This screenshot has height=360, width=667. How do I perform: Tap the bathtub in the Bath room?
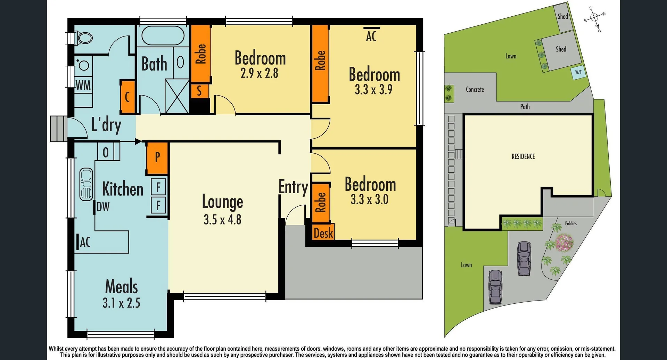pos(163,35)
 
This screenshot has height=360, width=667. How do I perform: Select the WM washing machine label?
pos(83,85)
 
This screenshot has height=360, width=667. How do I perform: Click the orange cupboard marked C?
pos(127,97)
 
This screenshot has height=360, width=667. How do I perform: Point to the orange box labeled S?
pos(199,91)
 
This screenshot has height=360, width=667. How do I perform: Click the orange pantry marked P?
pos(157,157)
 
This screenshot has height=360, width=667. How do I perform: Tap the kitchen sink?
pos(86,185)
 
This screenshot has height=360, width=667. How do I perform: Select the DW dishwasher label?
pos(103,207)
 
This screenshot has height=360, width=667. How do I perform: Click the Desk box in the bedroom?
pos(323,233)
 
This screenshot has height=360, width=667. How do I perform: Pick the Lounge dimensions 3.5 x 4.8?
pos(222,220)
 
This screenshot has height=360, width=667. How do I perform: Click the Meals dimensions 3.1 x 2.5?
pos(121,303)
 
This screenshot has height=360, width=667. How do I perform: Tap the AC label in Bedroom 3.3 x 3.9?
pos(371,36)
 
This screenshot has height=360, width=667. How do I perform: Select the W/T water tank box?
pos(578,73)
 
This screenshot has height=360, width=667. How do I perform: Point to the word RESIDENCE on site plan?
pos(523,156)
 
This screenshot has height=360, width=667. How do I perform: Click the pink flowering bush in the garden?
pos(564,243)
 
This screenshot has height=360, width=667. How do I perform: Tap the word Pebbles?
pos(571,223)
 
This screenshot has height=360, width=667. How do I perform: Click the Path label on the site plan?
pos(525,107)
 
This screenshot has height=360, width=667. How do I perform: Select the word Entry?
pos(293,187)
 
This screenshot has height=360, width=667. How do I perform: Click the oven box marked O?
pos(106,152)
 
